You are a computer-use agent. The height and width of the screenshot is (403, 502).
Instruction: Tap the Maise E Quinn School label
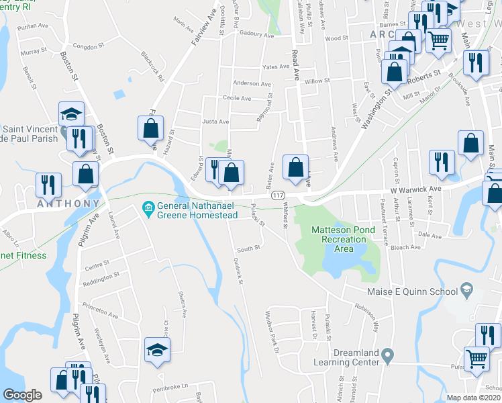pyautogui.click(x=411, y=292)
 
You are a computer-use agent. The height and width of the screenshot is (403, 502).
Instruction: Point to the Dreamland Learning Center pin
pyautogui.click(x=387, y=354)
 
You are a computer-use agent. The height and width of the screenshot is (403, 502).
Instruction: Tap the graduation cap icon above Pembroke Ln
pyautogui.click(x=157, y=350)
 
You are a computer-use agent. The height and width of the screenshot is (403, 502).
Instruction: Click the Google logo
pyautogui.click(x=23, y=395)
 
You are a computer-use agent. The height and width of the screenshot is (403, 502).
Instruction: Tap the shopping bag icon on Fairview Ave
pyautogui.click(x=151, y=128)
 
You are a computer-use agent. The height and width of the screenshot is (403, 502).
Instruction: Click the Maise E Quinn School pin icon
pyautogui.click(x=466, y=292)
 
